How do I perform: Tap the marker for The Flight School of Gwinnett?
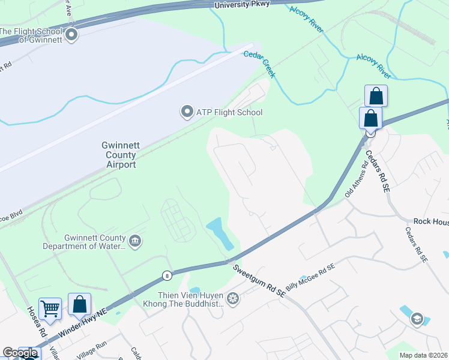(x=72, y=35)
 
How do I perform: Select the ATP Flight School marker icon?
(x=187, y=112)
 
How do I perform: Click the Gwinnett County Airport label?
(x=118, y=155)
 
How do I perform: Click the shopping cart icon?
(x=50, y=308)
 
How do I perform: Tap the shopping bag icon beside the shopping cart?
(x=79, y=304)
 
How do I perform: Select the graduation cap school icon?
(x=417, y=320)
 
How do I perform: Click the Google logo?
(x=20, y=353)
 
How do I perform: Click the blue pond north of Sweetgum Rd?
(x=220, y=233)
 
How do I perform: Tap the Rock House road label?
(x=431, y=221)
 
